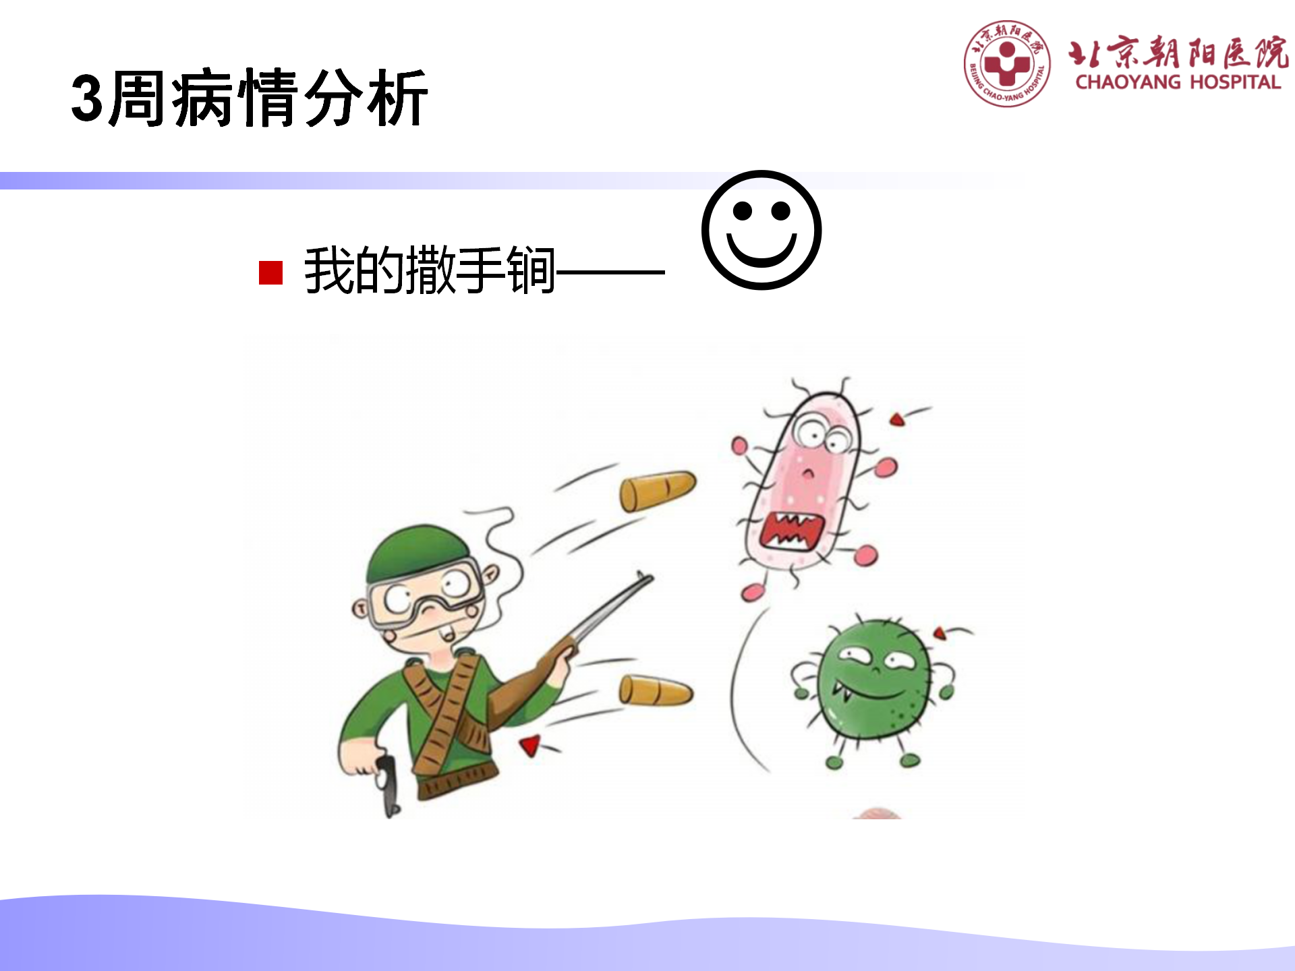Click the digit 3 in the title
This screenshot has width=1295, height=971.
tap(88, 98)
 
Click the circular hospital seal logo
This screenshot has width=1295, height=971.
tap(1007, 63)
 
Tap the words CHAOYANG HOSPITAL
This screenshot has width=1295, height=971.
tap(1178, 82)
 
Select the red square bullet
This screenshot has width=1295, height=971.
tap(270, 272)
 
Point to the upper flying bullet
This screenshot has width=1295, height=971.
tap(658, 490)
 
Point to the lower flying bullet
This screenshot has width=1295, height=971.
tap(656, 690)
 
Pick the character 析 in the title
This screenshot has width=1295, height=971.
tap(397, 98)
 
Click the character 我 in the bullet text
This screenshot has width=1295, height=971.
tap(330, 270)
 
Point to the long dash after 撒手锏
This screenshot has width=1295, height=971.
tap(610, 272)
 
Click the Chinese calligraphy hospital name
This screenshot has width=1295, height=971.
tap(1178, 52)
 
